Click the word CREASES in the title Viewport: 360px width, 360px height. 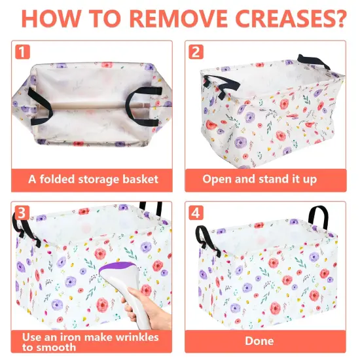pos(286,18)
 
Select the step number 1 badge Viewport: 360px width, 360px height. pos(22,52)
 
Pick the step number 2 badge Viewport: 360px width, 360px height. pos(196,52)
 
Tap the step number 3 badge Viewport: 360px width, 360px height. pos(22,213)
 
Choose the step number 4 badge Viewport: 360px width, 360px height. pos(196,213)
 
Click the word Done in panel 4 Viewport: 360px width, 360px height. pos(259,341)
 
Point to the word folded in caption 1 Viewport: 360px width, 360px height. pos(58,179)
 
